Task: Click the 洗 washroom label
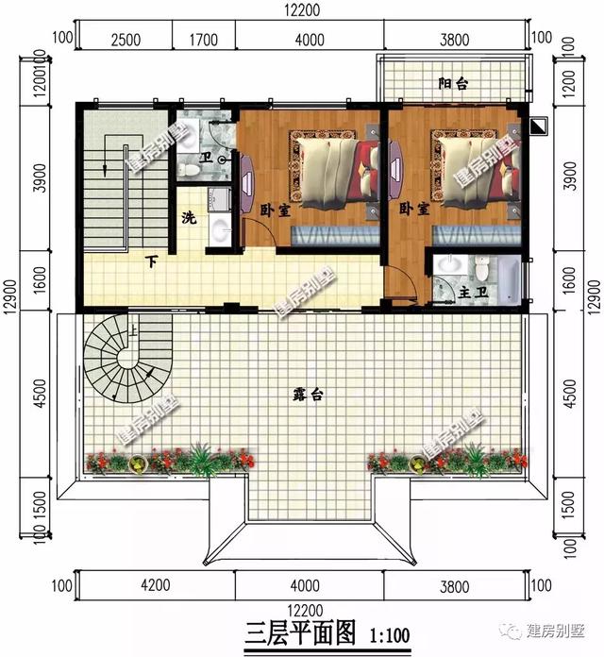point(189,218)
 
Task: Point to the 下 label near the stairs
point(151,261)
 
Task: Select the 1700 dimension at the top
point(203,39)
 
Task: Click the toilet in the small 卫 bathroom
point(190,164)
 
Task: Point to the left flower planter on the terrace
point(171,461)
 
